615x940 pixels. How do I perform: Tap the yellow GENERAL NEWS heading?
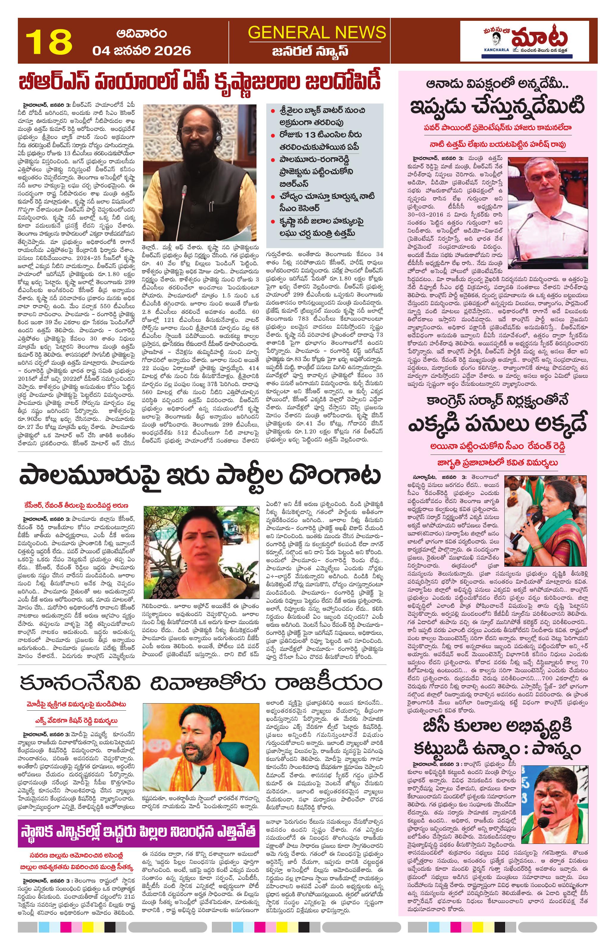click(317, 32)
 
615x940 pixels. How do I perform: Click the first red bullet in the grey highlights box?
click(273, 111)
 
